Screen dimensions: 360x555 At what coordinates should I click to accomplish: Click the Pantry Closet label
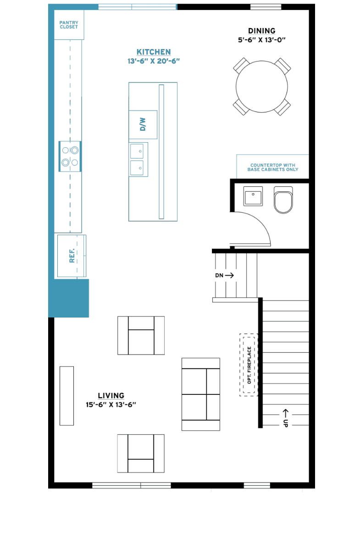[x=69, y=25]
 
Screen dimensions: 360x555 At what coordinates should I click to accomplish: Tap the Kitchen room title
[x=154, y=52]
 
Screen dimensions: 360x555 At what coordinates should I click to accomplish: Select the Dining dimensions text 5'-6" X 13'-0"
[x=262, y=40]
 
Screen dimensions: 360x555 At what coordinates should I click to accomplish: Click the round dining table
[x=262, y=87]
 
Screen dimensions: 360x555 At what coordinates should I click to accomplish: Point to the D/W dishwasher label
[x=143, y=124]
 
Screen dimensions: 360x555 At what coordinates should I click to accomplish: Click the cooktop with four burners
[x=70, y=156]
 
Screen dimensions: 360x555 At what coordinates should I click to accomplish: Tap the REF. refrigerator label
[x=72, y=255]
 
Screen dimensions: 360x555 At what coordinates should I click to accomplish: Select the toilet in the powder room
[x=283, y=200]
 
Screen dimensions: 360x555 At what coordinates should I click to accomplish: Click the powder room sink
[x=253, y=196]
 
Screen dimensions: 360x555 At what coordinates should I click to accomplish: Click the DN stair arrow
[x=229, y=275]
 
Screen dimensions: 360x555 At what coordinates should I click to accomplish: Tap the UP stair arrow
[x=285, y=413]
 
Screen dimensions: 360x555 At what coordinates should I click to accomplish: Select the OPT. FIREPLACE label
[x=249, y=365]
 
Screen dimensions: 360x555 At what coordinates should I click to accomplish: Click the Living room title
[x=111, y=396]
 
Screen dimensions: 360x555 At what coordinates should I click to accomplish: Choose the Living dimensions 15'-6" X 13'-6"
[x=111, y=405]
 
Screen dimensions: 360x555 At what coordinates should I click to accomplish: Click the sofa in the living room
[x=201, y=394]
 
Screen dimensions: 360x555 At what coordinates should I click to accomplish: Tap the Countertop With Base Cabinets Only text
[x=273, y=167]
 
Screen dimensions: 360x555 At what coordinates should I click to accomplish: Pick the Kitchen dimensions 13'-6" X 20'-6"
[x=154, y=61]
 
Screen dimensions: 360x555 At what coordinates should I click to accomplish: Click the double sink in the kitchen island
[x=138, y=160]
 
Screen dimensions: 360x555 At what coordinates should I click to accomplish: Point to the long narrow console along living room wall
[x=66, y=396]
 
